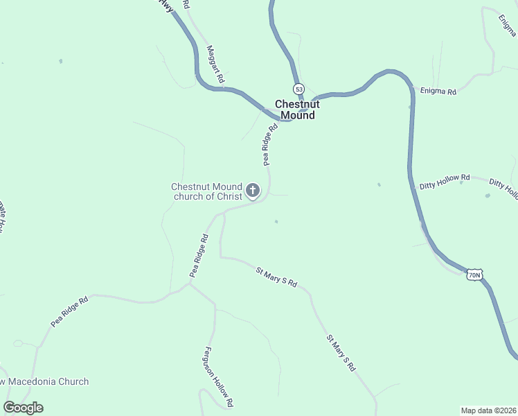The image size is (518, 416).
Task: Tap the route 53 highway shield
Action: pos(298,89)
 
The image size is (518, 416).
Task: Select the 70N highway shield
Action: pos(474,275)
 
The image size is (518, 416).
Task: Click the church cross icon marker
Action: pos(253,190)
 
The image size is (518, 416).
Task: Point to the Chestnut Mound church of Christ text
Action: pos(207,191)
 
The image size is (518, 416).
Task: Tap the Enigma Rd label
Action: pos(438,92)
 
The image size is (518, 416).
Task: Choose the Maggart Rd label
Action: pos(215,64)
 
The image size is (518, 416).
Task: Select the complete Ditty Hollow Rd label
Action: pos(445,182)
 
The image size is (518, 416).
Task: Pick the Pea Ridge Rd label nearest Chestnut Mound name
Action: pos(269,144)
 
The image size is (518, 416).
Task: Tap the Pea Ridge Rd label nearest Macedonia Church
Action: pos(69,313)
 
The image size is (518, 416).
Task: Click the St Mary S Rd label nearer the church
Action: pos(276,277)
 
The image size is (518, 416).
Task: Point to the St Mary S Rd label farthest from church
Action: pos(341,353)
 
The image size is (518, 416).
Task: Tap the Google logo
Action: pos(23,408)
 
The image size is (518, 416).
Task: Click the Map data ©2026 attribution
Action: pos(488,410)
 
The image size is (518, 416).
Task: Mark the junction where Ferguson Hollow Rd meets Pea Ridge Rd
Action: pos(190,283)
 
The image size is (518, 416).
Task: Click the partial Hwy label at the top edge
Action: pos(165,6)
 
